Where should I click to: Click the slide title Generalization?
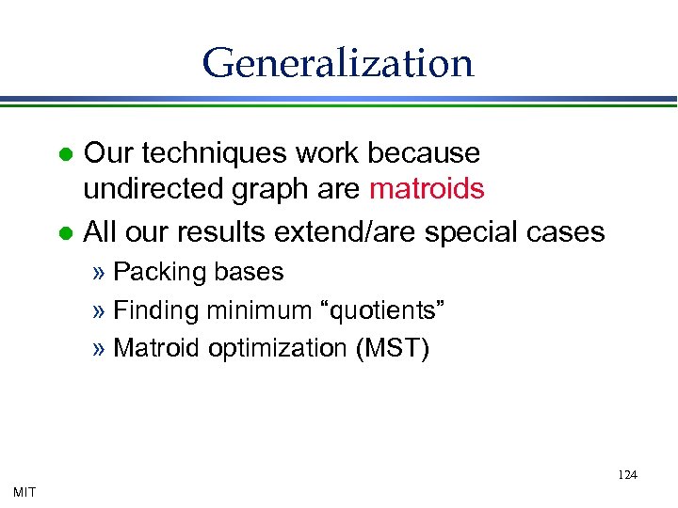coord(337,63)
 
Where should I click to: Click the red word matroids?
coord(427,189)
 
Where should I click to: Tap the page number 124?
coord(627,475)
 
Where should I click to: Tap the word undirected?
coord(150,189)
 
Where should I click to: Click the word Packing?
coord(157,273)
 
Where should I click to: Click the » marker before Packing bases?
coord(100,273)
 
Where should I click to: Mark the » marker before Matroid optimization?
coord(100,348)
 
